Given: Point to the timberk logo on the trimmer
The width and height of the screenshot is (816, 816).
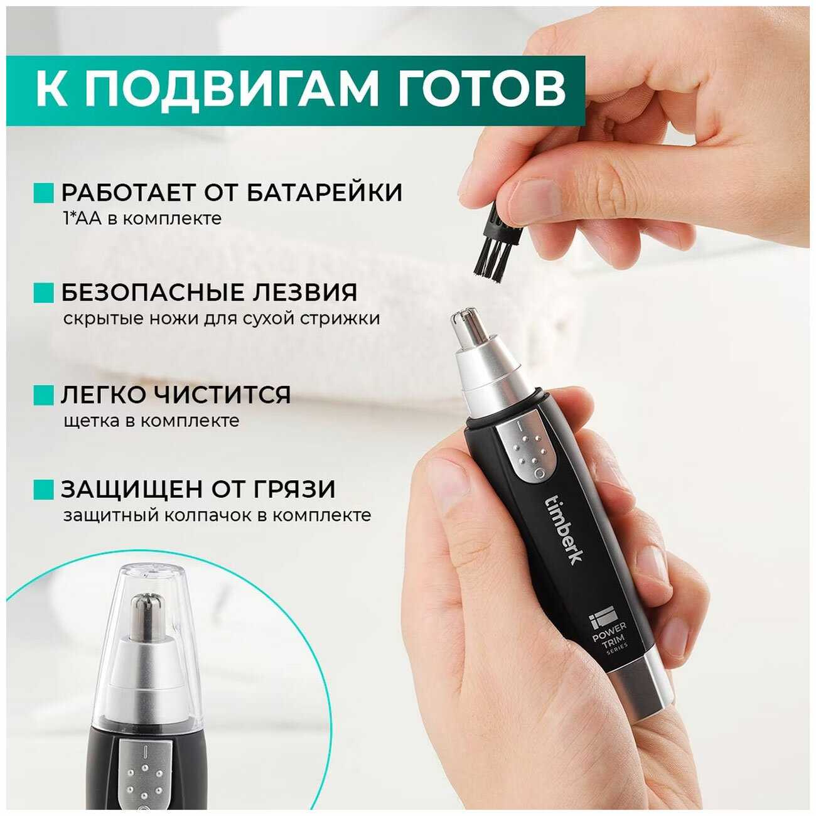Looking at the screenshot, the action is pyautogui.click(x=561, y=528).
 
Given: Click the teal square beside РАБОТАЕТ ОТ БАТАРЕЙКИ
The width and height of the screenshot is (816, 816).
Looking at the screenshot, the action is pyautogui.click(x=43, y=193).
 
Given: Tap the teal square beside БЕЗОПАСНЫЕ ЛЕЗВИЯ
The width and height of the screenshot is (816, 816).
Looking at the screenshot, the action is pyautogui.click(x=43, y=293).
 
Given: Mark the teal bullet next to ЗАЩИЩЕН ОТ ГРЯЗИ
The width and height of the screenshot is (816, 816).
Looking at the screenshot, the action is pyautogui.click(x=43, y=489).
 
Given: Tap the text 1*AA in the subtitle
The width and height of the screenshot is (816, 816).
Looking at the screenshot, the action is pyautogui.click(x=83, y=219).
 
